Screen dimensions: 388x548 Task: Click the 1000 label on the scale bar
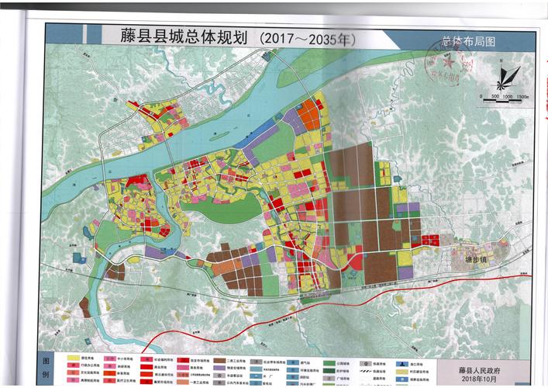pyautogui.click(x=508, y=95)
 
